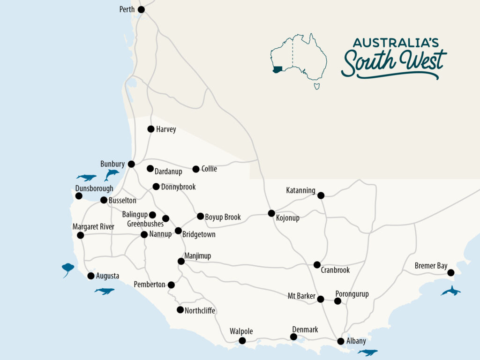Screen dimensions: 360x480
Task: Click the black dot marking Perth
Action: point(141,9)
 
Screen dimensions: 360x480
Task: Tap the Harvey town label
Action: point(166,129)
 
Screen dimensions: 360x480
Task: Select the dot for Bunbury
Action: point(131,164)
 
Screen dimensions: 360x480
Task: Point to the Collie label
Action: point(209,169)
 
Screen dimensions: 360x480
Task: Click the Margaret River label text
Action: point(93,227)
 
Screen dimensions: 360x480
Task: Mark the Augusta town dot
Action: point(91,276)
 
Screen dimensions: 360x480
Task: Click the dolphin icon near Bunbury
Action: point(112,174)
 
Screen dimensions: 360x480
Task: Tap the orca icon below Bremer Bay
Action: point(450,291)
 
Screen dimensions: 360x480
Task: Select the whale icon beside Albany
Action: point(367,352)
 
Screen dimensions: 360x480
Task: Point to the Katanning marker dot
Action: point(321,195)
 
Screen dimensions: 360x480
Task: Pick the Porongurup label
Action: point(352,294)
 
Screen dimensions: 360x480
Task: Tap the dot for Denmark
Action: point(293,337)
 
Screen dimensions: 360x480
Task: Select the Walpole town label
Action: point(241,332)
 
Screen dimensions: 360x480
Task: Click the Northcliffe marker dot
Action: point(180,309)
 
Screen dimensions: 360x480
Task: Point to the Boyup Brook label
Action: point(223,217)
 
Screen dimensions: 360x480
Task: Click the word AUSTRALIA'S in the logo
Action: point(396,43)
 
